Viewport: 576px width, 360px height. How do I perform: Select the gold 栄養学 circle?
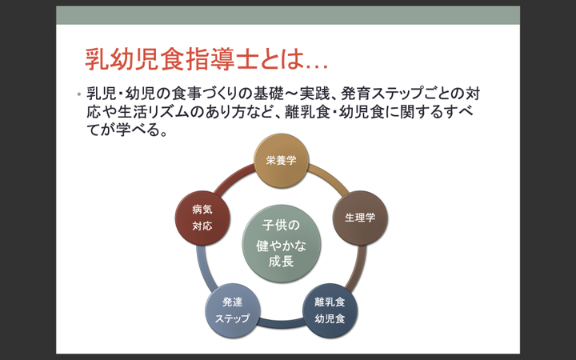281,160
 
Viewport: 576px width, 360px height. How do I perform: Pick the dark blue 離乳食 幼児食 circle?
330,310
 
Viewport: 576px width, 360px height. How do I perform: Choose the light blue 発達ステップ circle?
232,310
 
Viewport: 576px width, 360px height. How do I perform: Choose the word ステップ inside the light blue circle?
232,318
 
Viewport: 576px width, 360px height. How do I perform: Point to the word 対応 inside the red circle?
202,226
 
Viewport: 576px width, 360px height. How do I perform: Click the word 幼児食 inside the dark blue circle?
330,318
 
